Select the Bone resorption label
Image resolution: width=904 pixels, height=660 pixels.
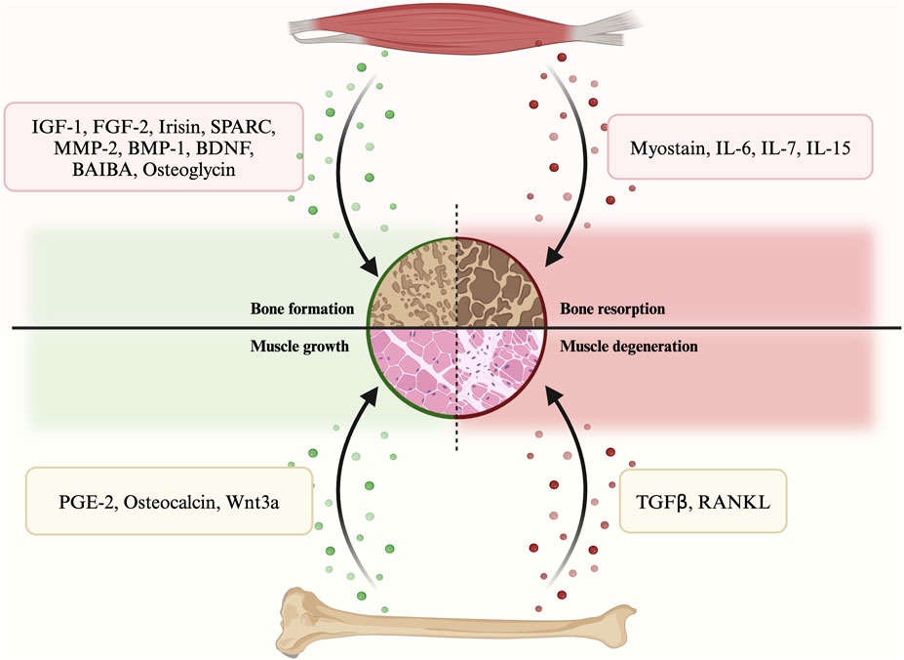coord(612,309)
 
